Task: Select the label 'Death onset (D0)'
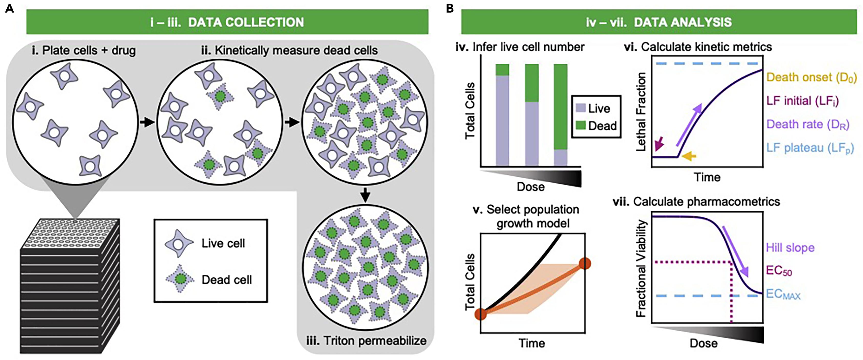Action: tap(811, 77)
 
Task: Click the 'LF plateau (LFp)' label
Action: tap(810, 148)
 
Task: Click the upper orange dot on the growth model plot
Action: tap(585, 263)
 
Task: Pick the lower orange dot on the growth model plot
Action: tap(481, 314)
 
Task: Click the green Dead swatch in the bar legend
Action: tap(581, 126)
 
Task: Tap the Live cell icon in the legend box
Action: tap(179, 243)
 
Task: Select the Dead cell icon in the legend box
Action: tap(180, 279)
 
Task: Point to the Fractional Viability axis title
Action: tap(641, 268)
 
